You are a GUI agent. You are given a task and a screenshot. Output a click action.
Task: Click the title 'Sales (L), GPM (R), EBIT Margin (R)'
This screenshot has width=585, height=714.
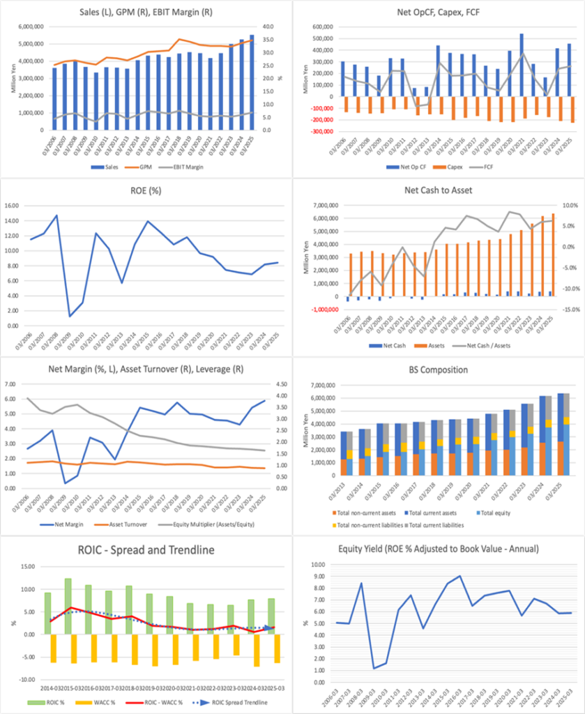(x=146, y=12)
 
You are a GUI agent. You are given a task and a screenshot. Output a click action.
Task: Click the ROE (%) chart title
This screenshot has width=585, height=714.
(x=146, y=190)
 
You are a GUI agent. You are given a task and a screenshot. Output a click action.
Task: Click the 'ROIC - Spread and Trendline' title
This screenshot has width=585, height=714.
(x=146, y=549)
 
